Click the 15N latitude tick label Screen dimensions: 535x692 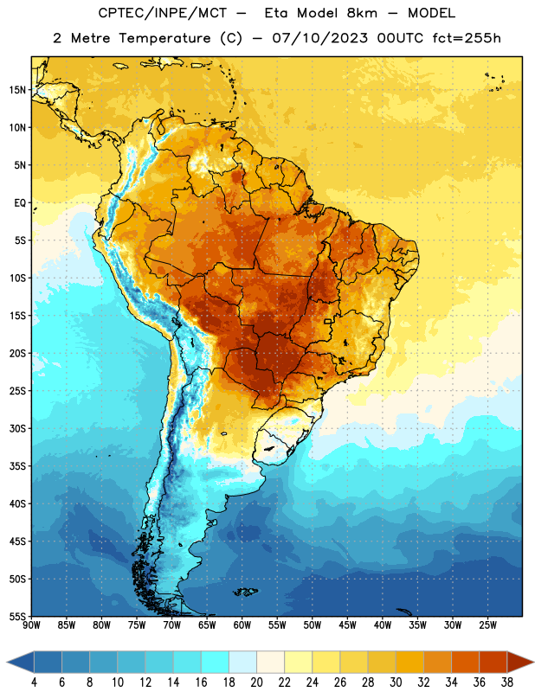17,90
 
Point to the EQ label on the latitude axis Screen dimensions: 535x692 20,203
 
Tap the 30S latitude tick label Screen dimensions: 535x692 17,428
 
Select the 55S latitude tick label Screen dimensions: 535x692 17,616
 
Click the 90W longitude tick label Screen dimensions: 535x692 31,625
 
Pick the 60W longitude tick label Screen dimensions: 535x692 242,625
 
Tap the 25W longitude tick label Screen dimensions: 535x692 487,625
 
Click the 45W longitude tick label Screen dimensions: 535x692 347,625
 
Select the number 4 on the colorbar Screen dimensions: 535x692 34,682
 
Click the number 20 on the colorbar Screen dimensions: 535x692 256,682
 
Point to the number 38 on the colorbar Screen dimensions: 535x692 507,682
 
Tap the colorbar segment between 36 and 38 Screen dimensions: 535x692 493,663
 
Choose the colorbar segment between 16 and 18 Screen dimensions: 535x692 215,663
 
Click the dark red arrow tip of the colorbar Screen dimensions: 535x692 520,663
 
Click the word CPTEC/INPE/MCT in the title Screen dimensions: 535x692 163,13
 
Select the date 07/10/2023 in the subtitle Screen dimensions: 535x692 319,38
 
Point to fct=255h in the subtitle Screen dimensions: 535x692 467,38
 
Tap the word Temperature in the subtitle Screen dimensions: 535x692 164,38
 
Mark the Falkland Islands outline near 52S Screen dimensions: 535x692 246,592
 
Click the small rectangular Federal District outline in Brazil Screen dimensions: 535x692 328,322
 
